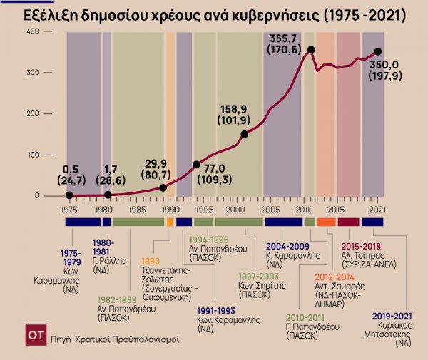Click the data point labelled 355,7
311,49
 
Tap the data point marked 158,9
245,134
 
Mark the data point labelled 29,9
163,187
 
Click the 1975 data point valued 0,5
69,195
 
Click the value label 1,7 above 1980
110,170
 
